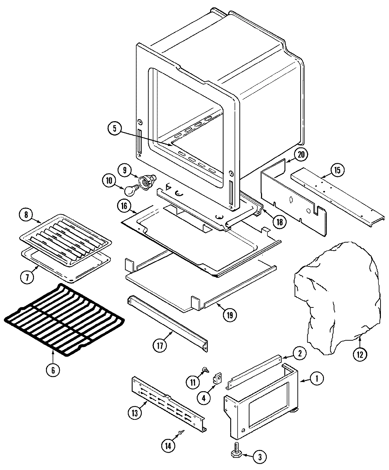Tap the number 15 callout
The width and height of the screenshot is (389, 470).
(x=337, y=170)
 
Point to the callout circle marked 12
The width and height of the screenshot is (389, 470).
(x=360, y=355)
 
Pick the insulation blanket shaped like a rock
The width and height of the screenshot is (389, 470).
(x=336, y=297)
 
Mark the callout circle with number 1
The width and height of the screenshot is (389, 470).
(x=317, y=379)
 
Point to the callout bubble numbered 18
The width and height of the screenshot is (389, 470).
(x=280, y=222)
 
